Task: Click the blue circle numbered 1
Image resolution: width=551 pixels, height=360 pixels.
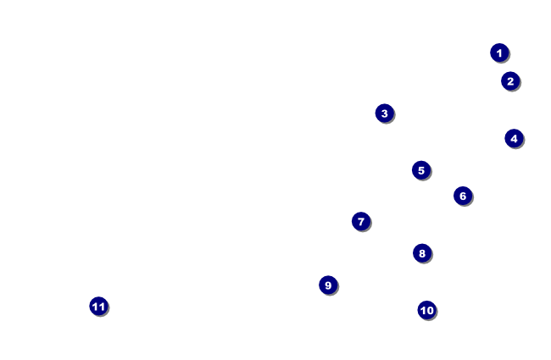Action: (x=499, y=53)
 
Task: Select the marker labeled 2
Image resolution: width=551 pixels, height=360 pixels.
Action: (x=509, y=81)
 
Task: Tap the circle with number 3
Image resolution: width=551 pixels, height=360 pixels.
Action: (x=384, y=113)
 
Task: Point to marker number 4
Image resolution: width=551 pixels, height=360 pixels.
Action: (x=514, y=138)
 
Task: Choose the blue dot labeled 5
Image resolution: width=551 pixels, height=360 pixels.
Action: (x=421, y=170)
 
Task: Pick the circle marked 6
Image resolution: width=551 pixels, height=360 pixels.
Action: (x=462, y=196)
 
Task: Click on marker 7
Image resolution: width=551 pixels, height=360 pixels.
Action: (x=361, y=221)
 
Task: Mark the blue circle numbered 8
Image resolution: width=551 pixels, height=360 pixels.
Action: (x=422, y=253)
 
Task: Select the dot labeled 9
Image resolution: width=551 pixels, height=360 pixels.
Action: (x=328, y=285)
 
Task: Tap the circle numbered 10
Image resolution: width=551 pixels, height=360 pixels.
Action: (x=426, y=310)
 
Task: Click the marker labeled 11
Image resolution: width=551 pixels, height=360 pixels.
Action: (x=98, y=307)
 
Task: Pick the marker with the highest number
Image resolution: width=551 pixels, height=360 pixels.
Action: (x=98, y=307)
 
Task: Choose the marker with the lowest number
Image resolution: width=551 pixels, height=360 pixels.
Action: (x=499, y=53)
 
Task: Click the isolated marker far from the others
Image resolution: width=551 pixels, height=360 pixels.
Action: (x=98, y=307)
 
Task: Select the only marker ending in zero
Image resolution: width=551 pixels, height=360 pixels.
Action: (x=426, y=310)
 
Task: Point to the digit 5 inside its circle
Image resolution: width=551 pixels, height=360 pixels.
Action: (x=421, y=170)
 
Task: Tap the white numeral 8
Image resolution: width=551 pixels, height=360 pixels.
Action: (x=422, y=253)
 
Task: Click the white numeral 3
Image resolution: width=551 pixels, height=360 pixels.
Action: (x=384, y=113)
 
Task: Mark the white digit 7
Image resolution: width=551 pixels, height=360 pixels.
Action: (x=361, y=221)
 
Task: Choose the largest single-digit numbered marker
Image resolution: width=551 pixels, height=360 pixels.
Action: (x=328, y=285)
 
